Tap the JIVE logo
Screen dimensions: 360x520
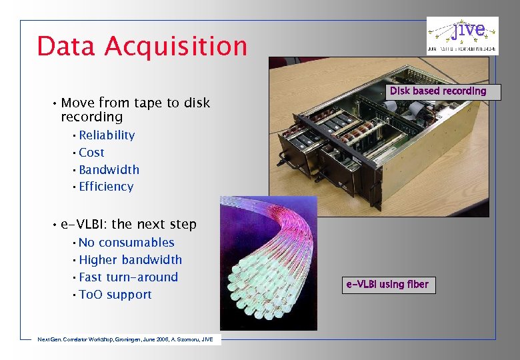point(462,35)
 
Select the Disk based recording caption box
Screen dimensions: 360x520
point(438,91)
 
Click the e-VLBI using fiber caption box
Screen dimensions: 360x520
point(387,285)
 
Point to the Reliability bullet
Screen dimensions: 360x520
point(107,135)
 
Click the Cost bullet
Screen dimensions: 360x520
point(91,153)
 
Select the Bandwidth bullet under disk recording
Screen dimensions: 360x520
point(109,170)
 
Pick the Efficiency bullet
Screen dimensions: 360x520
point(106,187)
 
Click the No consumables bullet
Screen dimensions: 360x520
point(126,243)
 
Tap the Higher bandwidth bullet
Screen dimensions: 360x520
point(130,260)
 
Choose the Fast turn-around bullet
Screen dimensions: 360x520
point(128,277)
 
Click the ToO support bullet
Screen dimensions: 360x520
point(115,295)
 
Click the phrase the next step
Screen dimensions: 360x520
point(163,225)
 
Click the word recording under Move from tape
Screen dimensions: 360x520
point(91,117)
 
